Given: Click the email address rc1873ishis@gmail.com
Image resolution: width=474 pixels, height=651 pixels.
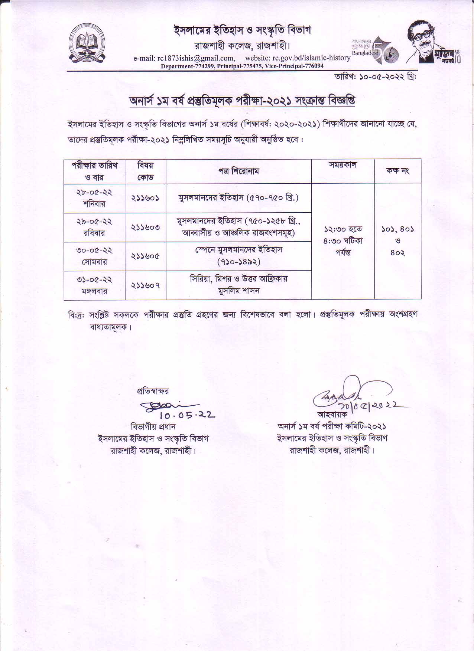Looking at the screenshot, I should [x=184, y=58].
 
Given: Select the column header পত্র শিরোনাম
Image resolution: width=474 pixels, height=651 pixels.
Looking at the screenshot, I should [x=238, y=171].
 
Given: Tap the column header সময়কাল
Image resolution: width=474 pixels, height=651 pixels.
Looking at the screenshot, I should [x=342, y=165].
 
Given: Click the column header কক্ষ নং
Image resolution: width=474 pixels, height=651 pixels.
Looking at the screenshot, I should [x=397, y=171].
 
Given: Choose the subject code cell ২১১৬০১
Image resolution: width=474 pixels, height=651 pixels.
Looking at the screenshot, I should [x=145, y=198].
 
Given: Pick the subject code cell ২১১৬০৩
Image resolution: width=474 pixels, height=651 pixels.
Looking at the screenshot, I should [x=145, y=227].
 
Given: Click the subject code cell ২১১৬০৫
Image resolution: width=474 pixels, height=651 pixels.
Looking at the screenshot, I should [x=145, y=256].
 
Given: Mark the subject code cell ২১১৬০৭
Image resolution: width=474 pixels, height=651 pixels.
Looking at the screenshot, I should [x=145, y=285].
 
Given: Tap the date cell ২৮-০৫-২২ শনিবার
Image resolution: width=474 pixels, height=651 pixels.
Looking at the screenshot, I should [x=94, y=198].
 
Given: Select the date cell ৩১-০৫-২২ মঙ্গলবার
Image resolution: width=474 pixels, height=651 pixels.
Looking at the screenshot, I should [x=94, y=285].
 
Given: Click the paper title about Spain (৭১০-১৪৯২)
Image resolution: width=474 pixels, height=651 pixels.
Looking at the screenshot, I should [x=238, y=256].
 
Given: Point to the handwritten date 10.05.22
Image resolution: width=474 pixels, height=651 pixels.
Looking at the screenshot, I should [x=188, y=415].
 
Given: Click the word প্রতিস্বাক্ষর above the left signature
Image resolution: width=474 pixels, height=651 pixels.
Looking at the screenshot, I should [x=153, y=391].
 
